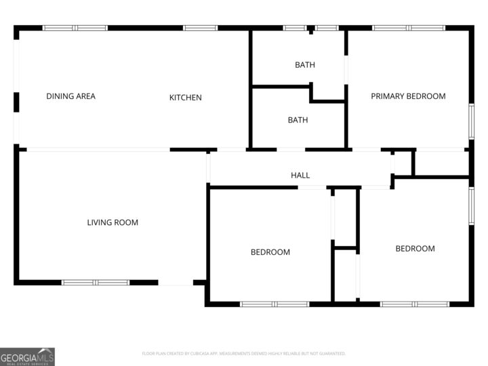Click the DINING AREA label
click(x=70, y=96)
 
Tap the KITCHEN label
click(x=185, y=98)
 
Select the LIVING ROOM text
click(x=113, y=222)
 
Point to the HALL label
click(x=300, y=176)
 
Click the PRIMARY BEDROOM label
click(x=408, y=96)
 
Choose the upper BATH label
click(x=304, y=65)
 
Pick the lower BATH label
click(x=298, y=120)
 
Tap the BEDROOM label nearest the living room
click(x=270, y=252)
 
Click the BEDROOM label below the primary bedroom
click(x=415, y=249)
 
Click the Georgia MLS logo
click(x=27, y=357)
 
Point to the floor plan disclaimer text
click(x=243, y=353)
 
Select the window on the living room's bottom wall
click(x=96, y=282)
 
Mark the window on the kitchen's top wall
click(x=201, y=28)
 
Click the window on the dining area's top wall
click(x=75, y=28)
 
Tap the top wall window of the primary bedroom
click(x=409, y=28)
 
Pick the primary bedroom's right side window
click(x=471, y=122)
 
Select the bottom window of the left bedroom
click(x=274, y=304)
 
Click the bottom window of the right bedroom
click(x=414, y=304)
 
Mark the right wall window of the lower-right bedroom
click(x=471, y=205)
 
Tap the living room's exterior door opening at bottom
click(x=176, y=283)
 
